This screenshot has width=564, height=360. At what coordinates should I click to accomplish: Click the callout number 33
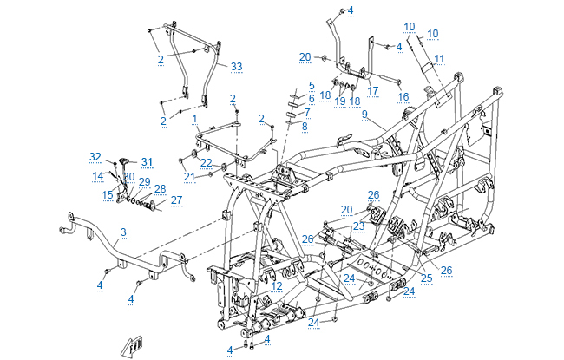236,66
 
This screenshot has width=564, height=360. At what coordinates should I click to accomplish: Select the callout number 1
195,118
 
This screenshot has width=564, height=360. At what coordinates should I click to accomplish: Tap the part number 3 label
123,232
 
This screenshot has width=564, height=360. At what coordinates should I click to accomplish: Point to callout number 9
365,115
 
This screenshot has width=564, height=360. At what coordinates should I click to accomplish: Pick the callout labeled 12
276,285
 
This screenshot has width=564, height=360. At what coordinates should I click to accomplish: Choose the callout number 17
372,89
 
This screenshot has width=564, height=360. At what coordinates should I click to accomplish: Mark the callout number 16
403,96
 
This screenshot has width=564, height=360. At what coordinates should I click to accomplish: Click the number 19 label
340,101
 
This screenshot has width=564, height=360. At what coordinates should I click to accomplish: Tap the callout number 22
206,163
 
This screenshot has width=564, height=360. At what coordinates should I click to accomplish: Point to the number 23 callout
358,226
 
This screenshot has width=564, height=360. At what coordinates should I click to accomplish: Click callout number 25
426,278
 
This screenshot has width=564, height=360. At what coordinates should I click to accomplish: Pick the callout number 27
176,200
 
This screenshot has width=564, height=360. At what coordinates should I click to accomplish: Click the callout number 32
95,156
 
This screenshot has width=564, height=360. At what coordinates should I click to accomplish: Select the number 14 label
98,175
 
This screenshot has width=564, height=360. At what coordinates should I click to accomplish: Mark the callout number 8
305,126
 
